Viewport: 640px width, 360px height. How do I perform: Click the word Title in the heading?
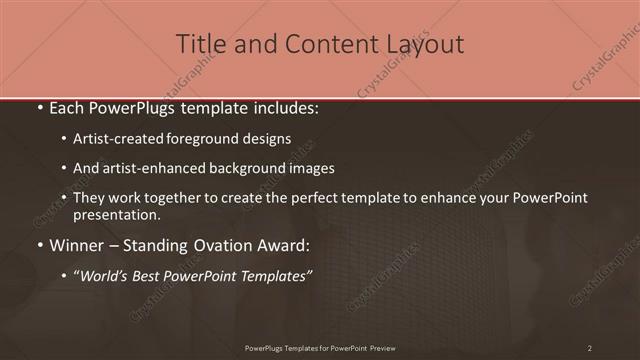[200, 44]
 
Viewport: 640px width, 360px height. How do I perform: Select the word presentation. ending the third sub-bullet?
[116, 215]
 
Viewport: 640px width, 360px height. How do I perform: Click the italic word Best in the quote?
[150, 276]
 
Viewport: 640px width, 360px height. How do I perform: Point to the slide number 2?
[590, 348]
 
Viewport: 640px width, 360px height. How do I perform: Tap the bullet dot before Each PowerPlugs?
[39, 106]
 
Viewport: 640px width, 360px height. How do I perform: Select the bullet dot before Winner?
[39, 245]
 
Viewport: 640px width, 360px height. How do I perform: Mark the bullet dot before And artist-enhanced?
[64, 168]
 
